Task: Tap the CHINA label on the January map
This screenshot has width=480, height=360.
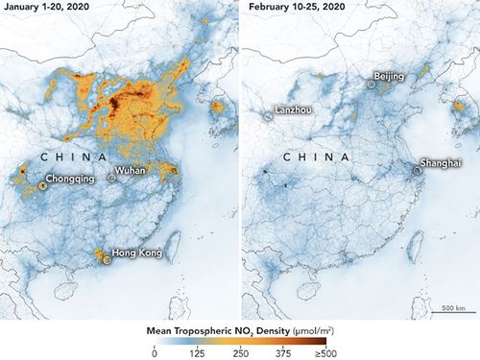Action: pos(65,155)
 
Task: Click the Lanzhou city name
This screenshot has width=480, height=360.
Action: pos(294,109)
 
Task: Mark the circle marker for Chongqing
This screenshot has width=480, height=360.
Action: pos(42,184)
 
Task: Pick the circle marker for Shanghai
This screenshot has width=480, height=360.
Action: pos(418,170)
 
